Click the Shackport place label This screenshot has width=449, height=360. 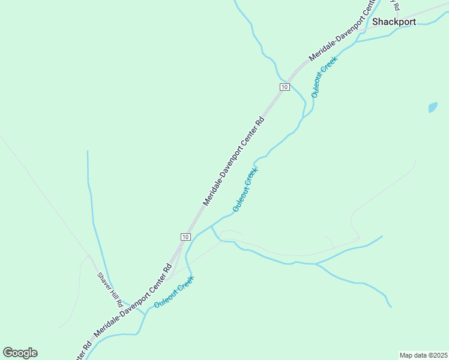point(394,22)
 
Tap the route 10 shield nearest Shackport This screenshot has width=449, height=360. point(285,87)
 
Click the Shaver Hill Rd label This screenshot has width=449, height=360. point(110,287)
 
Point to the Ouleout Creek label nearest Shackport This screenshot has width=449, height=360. point(324,77)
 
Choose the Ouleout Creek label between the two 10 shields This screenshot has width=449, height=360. point(246,189)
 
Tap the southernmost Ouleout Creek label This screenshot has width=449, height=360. point(174,292)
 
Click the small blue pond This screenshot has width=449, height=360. point(433,108)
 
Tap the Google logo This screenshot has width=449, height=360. point(20,353)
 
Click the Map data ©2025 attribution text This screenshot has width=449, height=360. point(423,355)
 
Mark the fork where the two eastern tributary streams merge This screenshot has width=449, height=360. point(316,263)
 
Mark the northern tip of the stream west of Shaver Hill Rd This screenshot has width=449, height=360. point(88,152)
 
